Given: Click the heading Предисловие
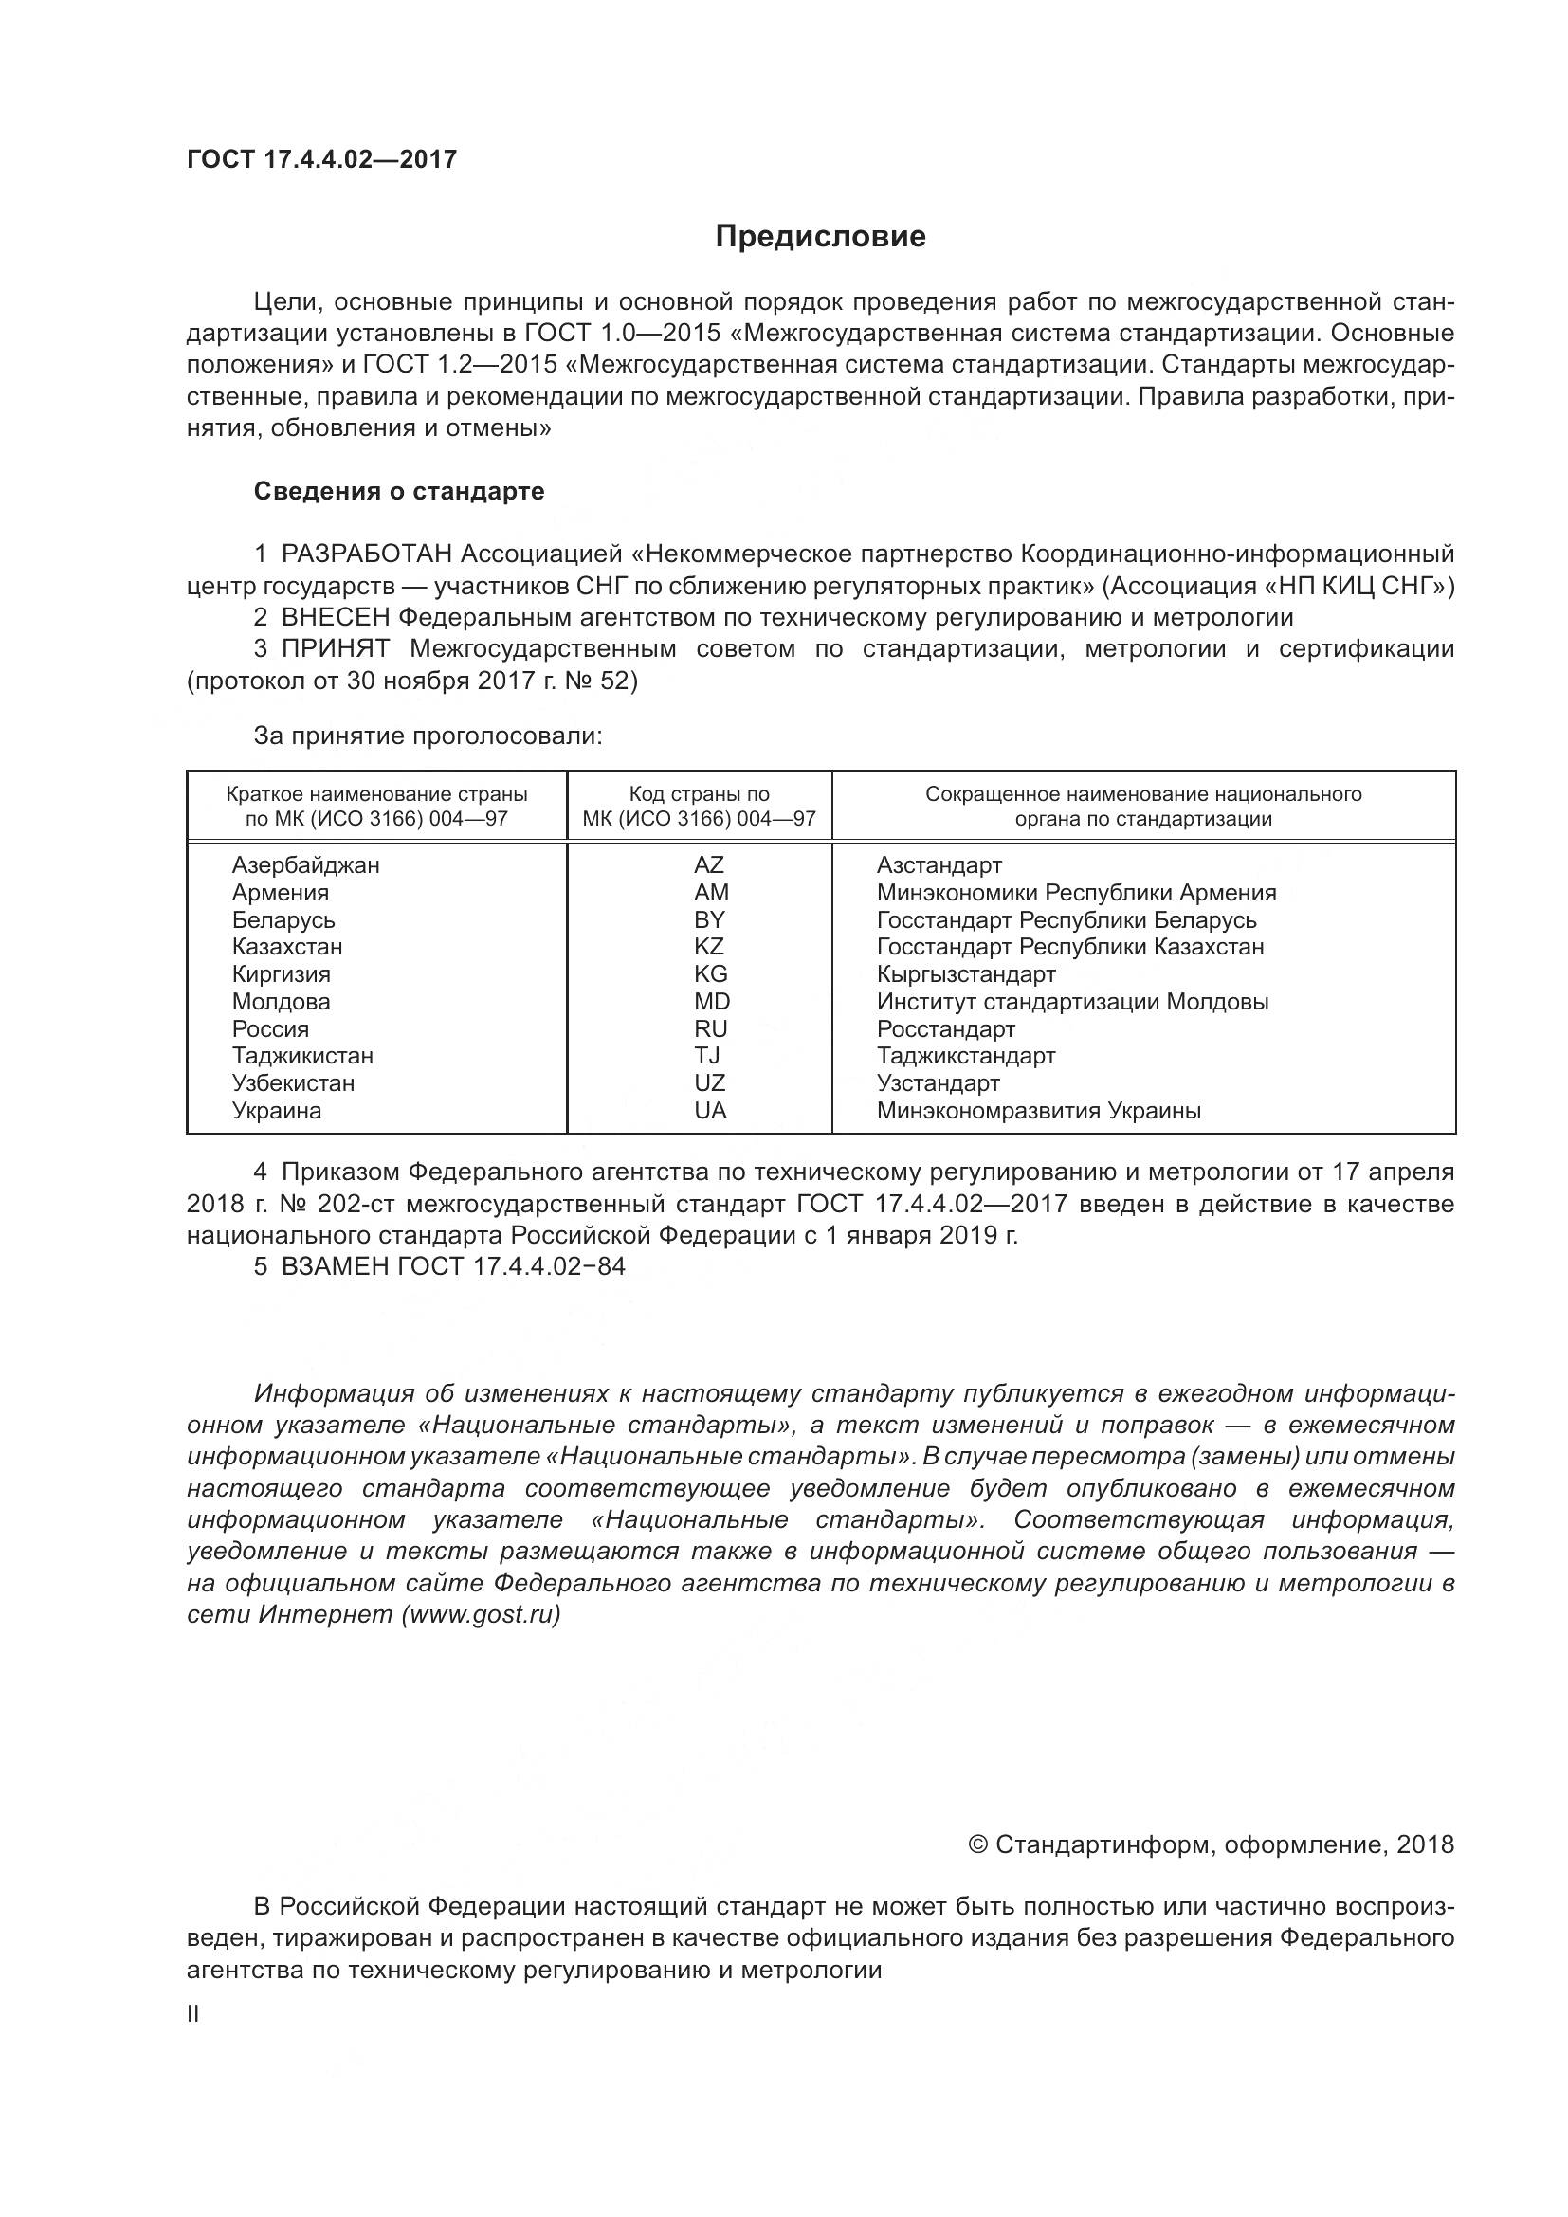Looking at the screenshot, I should tap(820, 237).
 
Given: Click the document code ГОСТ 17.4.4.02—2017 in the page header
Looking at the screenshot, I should tap(321, 159).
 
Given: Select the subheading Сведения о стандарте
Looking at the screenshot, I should tap(399, 492).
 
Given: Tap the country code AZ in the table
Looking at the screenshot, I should tap(709, 865).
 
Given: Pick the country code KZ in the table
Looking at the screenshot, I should tap(709, 946).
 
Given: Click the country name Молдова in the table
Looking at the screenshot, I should tap(281, 1001).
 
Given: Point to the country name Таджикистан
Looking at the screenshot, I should tap(302, 1055).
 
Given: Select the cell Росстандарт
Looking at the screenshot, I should tap(945, 1028).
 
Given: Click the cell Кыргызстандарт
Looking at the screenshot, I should tap(965, 974).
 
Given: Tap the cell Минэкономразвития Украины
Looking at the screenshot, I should tap(1038, 1111).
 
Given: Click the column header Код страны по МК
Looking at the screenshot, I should tap(699, 807).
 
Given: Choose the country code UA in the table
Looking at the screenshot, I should tap(710, 1111).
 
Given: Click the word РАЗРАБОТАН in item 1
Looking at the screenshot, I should tap(367, 554).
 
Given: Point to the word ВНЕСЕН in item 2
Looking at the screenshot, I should tap(336, 617).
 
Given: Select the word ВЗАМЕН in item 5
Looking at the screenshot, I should tap(335, 1266).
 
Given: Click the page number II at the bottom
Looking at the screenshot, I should tap(193, 2014).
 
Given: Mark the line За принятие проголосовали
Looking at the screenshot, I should tap(428, 736).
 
